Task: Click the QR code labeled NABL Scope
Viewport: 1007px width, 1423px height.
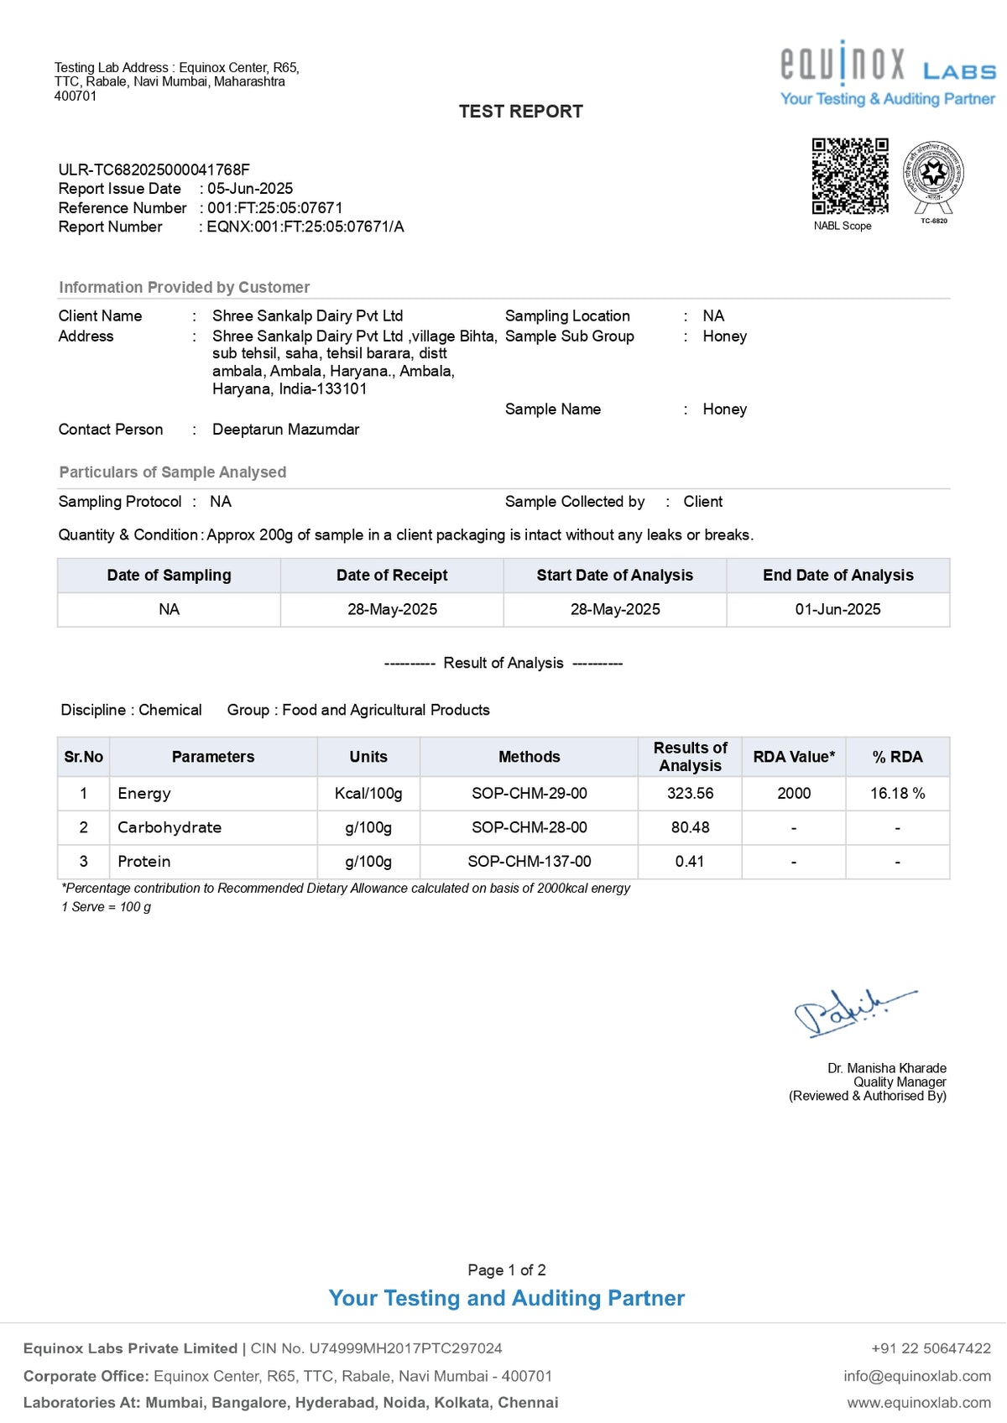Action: point(849,175)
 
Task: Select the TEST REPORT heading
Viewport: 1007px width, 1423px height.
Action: point(520,112)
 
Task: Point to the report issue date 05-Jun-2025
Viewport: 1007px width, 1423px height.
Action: point(250,189)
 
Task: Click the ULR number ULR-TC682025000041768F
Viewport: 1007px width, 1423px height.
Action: point(154,169)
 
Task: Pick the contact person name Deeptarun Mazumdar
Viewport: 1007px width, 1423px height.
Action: point(285,430)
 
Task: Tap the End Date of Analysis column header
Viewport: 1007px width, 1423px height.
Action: point(837,576)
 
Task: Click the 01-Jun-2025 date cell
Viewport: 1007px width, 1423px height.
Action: point(837,610)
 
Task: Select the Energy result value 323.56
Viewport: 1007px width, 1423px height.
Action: point(690,794)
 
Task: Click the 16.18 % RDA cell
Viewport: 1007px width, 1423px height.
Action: point(897,794)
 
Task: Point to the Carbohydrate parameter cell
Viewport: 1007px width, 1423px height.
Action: point(170,828)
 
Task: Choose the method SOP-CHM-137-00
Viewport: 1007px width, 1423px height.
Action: point(529,862)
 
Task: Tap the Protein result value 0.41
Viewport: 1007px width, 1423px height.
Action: point(690,862)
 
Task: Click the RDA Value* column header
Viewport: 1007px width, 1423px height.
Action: point(794,757)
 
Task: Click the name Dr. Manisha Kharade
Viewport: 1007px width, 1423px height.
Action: point(886,1068)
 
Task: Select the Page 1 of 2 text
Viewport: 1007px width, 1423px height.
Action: point(507,1270)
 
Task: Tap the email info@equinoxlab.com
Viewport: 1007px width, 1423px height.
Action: point(917,1376)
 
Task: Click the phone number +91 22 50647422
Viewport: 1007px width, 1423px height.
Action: point(931,1348)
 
